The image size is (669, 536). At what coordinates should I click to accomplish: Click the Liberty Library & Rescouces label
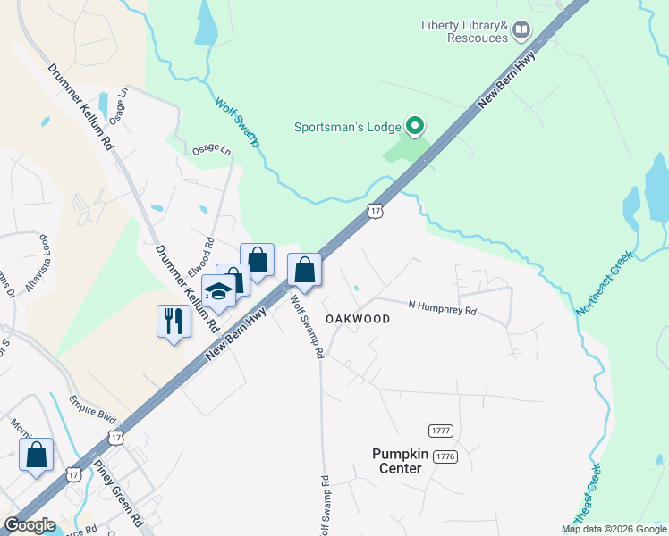[464, 32]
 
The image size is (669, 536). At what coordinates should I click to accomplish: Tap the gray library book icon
[521, 32]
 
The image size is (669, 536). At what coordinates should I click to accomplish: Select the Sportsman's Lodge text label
[348, 127]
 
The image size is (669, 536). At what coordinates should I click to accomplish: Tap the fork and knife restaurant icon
[174, 321]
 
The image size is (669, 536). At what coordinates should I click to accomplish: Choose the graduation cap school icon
[218, 291]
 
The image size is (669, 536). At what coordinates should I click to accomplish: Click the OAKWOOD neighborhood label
[358, 319]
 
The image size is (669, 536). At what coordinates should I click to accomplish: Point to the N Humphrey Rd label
[442, 310]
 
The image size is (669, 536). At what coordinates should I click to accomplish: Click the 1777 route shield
[441, 431]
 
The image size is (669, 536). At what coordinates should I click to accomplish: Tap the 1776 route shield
[445, 456]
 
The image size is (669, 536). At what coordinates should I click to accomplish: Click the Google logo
[29, 526]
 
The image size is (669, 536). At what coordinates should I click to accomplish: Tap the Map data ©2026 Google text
[614, 529]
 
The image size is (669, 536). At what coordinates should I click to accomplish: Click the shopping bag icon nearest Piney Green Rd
[36, 455]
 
